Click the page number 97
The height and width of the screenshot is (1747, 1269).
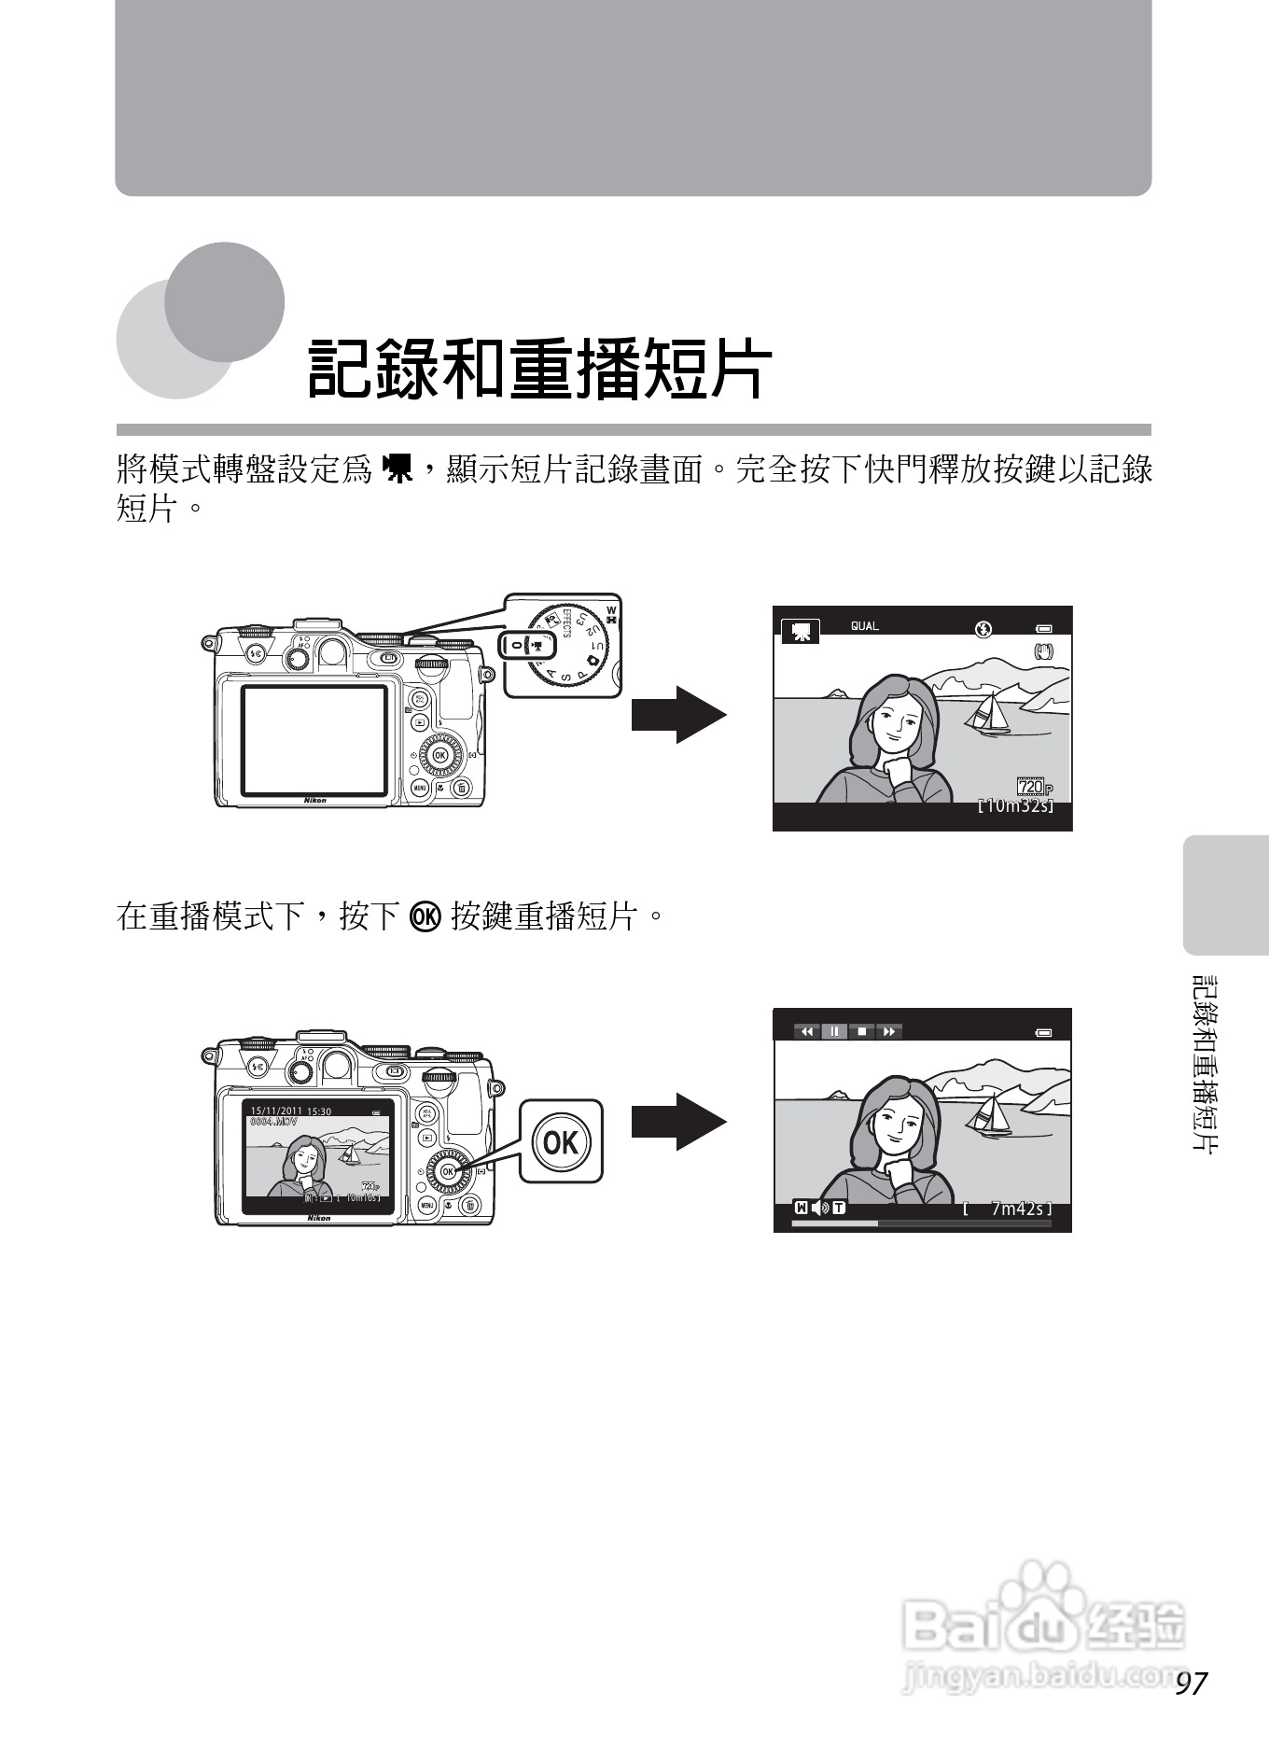click(1192, 1683)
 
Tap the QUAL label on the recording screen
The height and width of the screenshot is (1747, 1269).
click(864, 626)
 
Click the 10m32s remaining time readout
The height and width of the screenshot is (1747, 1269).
click(1015, 805)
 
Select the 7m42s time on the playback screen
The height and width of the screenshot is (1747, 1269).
click(1016, 1209)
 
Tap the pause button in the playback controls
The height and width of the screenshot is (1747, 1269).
click(834, 1031)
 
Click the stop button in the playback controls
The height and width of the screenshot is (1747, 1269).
click(862, 1031)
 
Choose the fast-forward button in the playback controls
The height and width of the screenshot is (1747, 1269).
click(889, 1031)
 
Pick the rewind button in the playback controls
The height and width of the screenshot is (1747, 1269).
click(807, 1031)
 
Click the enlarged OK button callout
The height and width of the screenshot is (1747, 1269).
click(561, 1140)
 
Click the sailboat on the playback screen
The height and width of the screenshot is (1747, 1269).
click(991, 1116)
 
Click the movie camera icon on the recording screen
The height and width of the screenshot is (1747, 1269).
click(800, 632)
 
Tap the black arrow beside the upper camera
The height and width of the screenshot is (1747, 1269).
click(678, 715)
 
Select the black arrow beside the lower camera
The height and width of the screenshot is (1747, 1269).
click(678, 1121)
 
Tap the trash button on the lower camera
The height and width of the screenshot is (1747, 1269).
click(469, 1206)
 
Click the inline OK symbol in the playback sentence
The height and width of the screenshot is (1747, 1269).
click(425, 916)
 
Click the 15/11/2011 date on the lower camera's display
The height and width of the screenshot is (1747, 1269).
click(276, 1111)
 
